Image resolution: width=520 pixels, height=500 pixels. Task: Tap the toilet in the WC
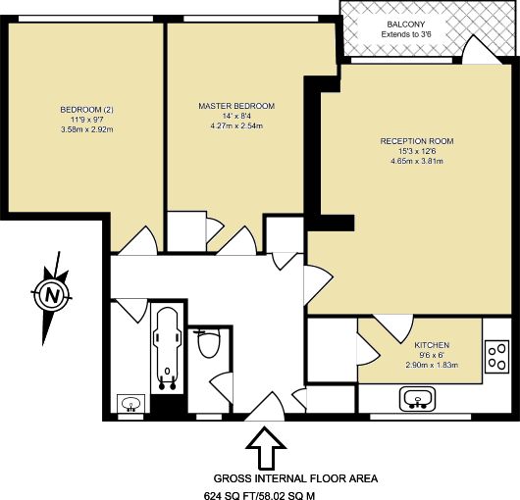coord(208,343)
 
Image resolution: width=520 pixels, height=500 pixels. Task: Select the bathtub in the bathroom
coord(168,348)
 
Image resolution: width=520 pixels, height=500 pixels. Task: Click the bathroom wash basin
coord(131,404)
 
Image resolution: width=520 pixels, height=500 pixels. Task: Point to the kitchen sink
coord(418,399)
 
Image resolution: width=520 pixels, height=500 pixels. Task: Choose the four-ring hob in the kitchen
coord(496,357)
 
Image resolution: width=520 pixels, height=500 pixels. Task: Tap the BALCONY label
coord(406,25)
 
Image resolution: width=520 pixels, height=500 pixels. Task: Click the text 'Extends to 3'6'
coord(406,34)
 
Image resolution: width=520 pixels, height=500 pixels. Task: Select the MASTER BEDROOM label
coord(236,106)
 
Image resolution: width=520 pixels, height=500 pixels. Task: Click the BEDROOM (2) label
coord(87,110)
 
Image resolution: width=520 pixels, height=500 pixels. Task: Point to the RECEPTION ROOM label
coord(417,141)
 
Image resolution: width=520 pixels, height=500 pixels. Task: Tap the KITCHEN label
coord(432,345)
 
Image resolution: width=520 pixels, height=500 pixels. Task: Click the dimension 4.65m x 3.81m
coord(417,162)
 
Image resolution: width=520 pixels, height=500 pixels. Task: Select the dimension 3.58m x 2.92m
coord(87,129)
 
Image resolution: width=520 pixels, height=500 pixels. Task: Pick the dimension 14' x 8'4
coord(236,116)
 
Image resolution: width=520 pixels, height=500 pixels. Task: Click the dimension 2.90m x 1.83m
coord(432,365)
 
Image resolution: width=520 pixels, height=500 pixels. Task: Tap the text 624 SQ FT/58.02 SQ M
coord(259,496)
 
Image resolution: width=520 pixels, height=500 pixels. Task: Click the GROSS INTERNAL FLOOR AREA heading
coord(295,478)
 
